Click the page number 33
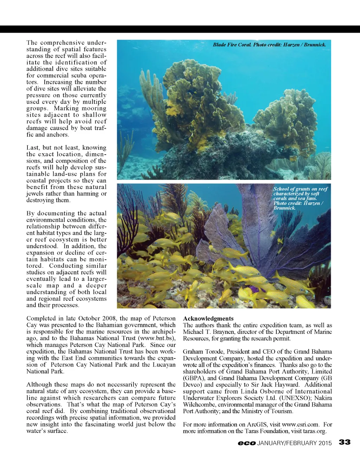click(x=345, y=442)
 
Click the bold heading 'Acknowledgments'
click(x=208, y=318)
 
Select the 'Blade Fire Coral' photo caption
click(x=269, y=45)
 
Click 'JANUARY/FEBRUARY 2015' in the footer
click(x=295, y=443)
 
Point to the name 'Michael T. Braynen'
click(x=210, y=332)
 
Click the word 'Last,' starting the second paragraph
click(x=33, y=148)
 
